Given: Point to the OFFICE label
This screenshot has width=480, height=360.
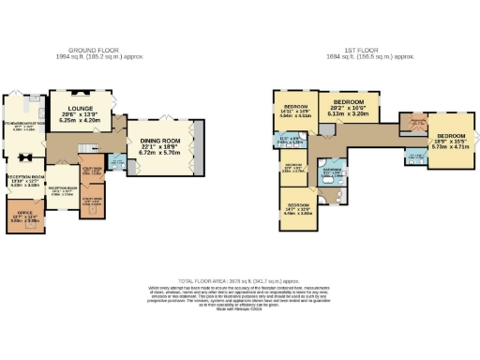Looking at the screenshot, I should point(26,214).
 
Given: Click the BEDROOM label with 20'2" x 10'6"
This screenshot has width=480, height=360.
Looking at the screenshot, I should point(349,100).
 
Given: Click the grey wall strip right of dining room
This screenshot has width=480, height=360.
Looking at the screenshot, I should point(197,146).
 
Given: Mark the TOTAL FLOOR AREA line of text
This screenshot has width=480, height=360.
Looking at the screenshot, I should point(240,280).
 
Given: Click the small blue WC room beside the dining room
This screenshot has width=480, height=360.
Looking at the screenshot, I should point(117,161).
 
